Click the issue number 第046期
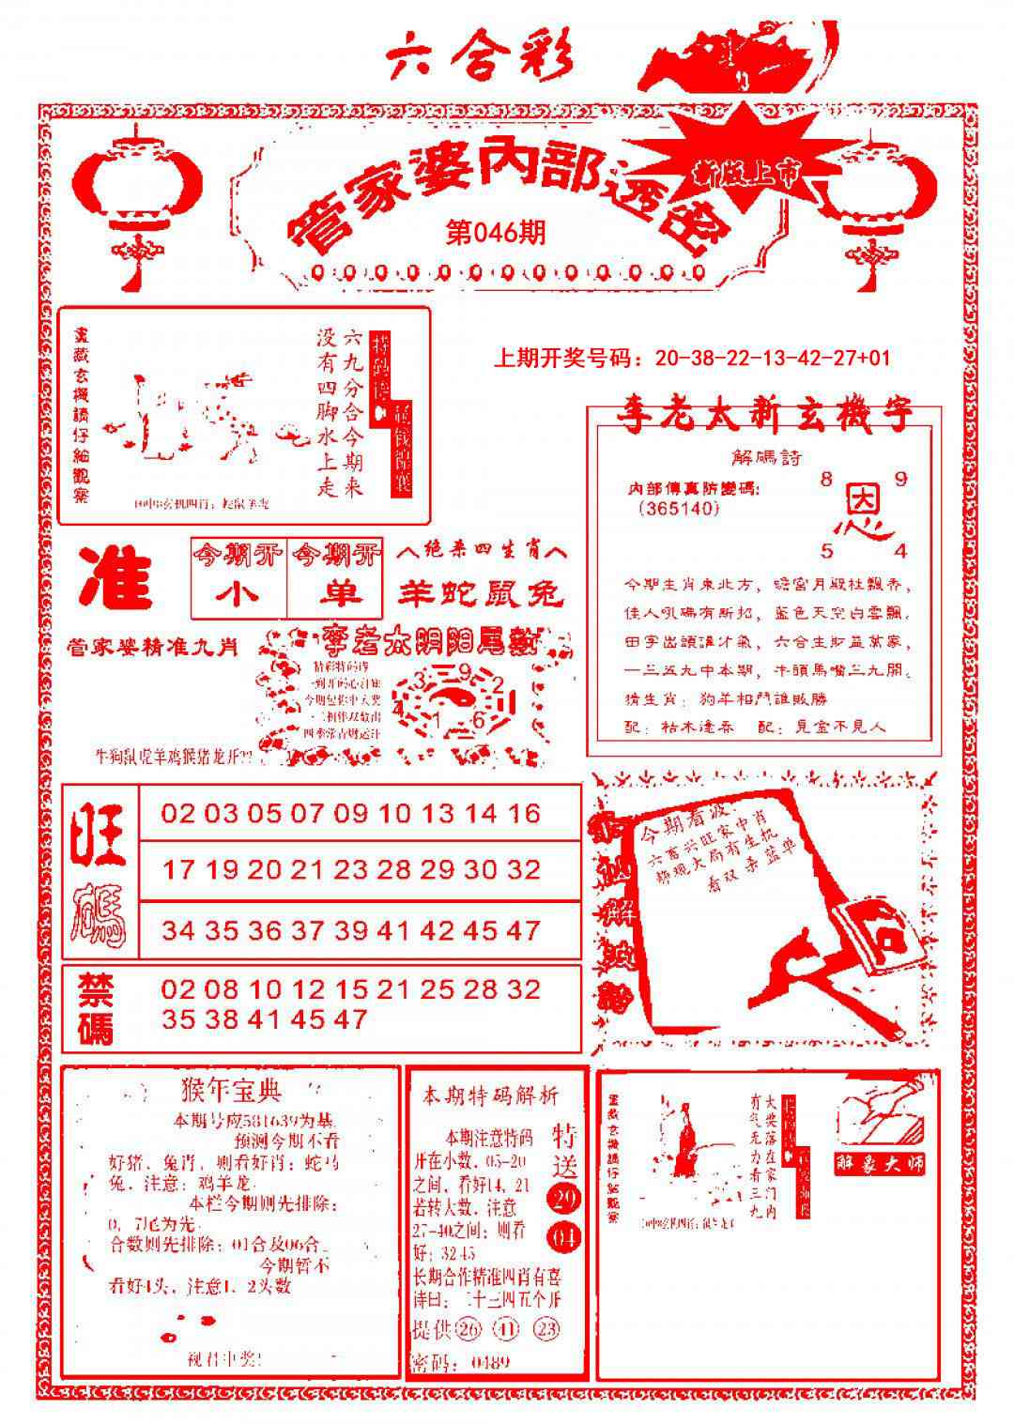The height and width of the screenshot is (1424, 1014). [x=495, y=231]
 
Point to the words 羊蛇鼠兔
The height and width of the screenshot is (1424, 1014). [x=482, y=592]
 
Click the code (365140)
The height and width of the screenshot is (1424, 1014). [x=678, y=509]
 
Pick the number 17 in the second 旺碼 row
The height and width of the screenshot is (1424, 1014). [x=178, y=869]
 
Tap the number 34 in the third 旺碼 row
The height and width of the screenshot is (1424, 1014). [x=178, y=930]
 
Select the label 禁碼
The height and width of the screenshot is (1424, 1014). [x=96, y=1006]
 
